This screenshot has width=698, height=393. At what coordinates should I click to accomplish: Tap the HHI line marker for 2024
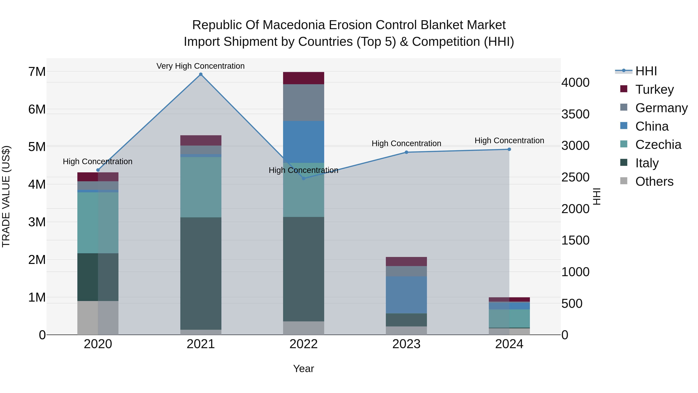coord(509,149)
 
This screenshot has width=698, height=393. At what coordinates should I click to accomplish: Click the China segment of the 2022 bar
coord(303,142)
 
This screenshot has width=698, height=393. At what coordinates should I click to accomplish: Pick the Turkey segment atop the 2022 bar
coord(303,78)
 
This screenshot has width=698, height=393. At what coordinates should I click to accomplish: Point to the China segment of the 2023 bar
coord(406,295)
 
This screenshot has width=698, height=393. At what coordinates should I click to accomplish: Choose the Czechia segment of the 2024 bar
coord(509,318)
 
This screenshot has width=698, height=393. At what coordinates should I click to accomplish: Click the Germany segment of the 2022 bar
coord(303,102)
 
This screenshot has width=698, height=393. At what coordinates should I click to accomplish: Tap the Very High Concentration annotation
coord(200,66)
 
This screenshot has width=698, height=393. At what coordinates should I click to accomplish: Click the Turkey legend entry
coord(654,89)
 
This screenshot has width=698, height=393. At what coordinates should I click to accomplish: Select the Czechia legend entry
coord(658,145)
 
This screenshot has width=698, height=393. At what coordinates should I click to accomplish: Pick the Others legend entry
coord(654,181)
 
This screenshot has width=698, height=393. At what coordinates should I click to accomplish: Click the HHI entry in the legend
coord(646,71)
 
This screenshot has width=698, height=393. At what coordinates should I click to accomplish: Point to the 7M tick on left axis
coord(37,72)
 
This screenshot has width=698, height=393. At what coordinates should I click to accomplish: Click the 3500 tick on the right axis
coord(575,114)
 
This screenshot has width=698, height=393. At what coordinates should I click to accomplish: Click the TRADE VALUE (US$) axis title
coord(6,196)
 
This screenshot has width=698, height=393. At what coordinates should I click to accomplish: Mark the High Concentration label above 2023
coord(406,143)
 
